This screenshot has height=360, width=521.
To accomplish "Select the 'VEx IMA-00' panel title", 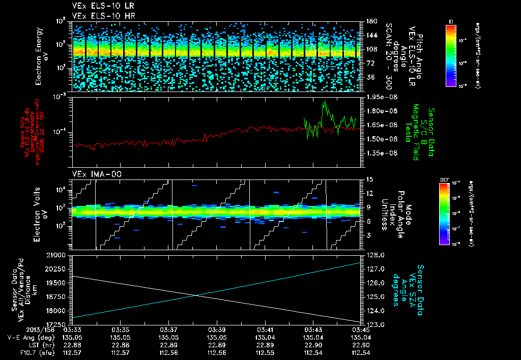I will tap(93, 174).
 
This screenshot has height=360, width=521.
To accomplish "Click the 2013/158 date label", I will tap(21, 329).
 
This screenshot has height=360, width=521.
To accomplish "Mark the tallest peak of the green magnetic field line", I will tap(324, 102).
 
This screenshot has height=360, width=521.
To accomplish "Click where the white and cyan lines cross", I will tap(197, 295).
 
